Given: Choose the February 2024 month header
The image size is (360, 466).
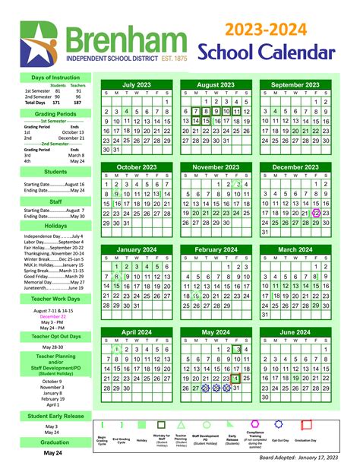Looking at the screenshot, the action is tap(216, 249).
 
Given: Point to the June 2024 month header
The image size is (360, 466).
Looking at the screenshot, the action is tap(295, 332).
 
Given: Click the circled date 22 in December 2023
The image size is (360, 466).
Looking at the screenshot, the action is tap(316, 214).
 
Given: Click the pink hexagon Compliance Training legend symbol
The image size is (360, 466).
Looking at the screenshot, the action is tap(255, 423).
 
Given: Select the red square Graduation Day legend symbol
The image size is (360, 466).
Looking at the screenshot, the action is tap(308, 425).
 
